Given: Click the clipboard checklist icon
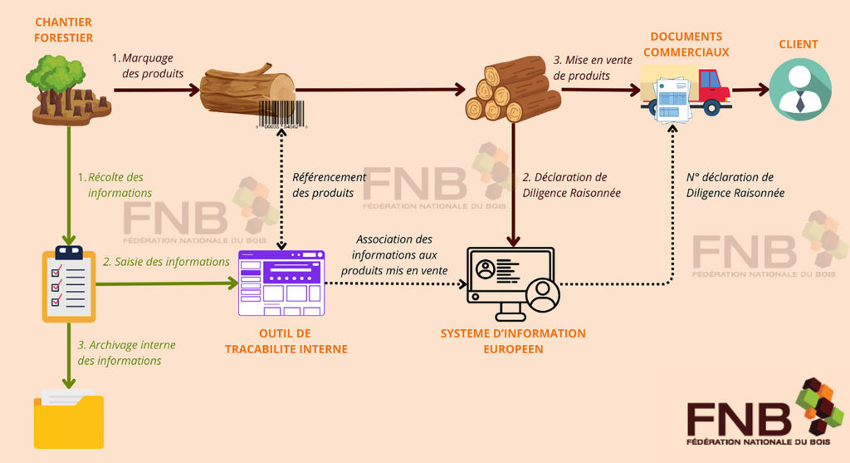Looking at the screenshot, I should pos(69,283).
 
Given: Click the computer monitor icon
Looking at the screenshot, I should pos(513,283).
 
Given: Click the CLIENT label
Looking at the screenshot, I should pos(798,44).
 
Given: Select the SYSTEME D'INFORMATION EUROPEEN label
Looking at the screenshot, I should pos(513,341).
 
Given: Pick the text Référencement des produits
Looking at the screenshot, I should pos(329,185).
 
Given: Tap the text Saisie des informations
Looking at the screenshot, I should pos(166,262).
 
